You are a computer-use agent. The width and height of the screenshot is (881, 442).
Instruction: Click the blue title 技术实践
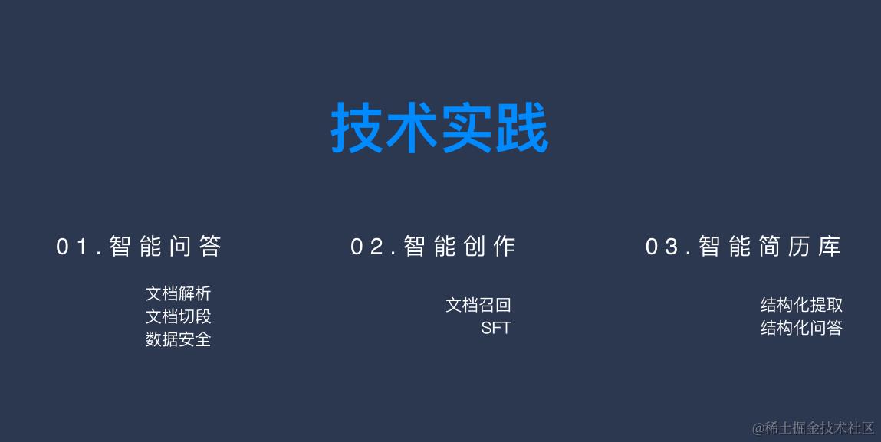coord(439,129)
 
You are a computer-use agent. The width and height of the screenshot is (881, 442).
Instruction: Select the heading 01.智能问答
coord(139,247)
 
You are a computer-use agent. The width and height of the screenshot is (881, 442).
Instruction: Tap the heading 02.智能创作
coord(433,247)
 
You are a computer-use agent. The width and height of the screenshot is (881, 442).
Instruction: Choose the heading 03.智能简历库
coord(743,247)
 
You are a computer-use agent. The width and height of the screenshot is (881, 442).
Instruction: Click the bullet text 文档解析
coord(178,293)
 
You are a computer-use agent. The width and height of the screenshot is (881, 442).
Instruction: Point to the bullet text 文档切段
coord(178,316)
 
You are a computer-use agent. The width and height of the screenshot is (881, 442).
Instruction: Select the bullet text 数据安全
coord(178,339)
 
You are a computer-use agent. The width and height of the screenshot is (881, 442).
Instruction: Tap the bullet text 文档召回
coord(478,305)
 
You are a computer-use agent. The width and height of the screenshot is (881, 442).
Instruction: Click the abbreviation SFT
coord(495,329)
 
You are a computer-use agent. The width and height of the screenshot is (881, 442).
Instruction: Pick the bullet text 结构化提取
coord(801,305)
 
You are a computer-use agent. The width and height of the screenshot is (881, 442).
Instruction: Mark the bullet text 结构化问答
coord(801,328)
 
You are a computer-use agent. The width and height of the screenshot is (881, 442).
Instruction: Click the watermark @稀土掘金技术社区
coord(813,427)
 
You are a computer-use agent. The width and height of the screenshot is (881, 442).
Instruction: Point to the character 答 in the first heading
coord(209,247)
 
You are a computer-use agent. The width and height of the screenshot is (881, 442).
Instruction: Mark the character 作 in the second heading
coord(504,247)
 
